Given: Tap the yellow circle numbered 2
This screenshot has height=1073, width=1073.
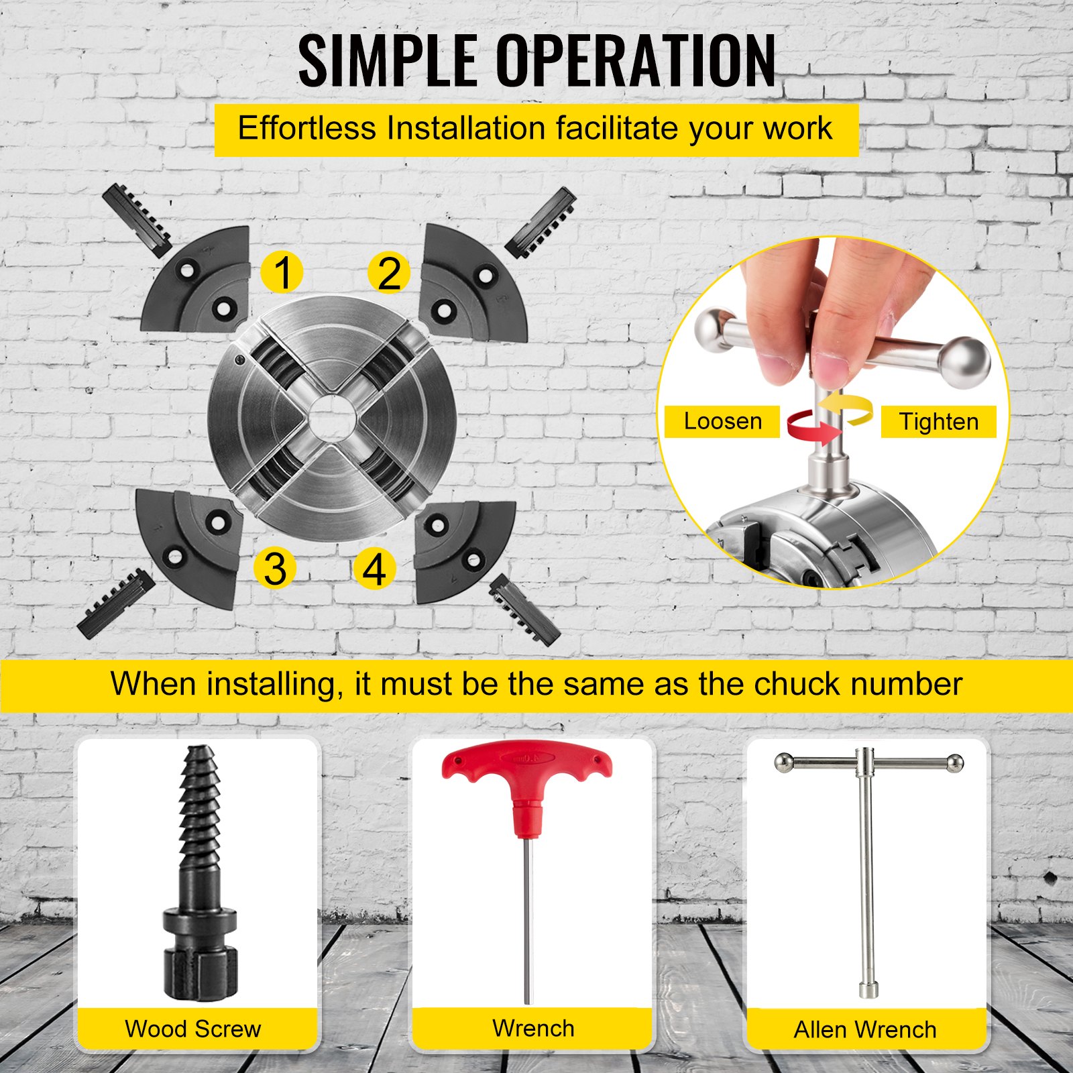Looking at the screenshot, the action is [x=390, y=273].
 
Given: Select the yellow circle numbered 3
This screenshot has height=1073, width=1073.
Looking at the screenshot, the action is [x=275, y=568].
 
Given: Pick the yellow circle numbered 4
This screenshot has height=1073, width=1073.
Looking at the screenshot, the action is [x=374, y=569].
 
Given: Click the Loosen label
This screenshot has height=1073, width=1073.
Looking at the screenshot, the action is [x=722, y=421].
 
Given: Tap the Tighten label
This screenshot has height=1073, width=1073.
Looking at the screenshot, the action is [x=938, y=422].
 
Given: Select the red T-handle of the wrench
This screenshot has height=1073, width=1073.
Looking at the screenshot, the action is [x=526, y=778].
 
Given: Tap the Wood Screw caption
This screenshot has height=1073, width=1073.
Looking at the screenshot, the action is [x=193, y=1029].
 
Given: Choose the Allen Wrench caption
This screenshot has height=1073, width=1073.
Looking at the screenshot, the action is [x=865, y=1029].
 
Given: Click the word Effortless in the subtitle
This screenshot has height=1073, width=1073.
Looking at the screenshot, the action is [x=306, y=128].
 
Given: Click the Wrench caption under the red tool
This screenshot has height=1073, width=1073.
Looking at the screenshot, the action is [x=533, y=1028].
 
